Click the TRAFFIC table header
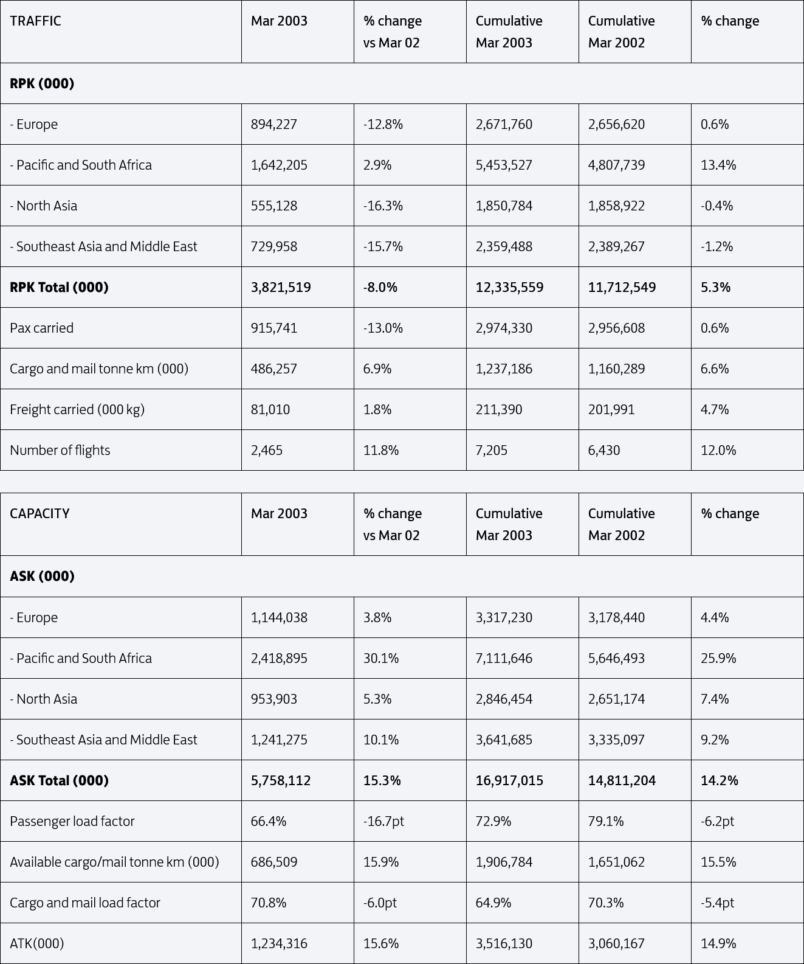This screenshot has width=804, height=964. (35, 21)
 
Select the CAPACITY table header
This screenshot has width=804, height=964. (40, 513)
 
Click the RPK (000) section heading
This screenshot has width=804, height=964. (42, 83)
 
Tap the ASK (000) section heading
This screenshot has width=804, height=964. (42, 576)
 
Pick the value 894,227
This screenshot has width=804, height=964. (274, 124)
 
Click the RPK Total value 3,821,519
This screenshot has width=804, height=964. (281, 287)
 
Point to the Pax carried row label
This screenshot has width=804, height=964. (41, 328)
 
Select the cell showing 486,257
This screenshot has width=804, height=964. (274, 369)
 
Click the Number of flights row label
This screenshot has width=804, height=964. (60, 450)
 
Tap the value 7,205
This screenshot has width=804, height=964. (491, 450)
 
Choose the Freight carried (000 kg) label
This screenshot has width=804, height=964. (77, 409)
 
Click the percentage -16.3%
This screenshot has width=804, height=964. (383, 206)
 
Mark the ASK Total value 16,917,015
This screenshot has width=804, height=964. (509, 780)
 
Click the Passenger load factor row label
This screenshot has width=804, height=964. (72, 821)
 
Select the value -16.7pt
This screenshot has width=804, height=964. (383, 821)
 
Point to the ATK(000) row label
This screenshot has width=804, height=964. (37, 943)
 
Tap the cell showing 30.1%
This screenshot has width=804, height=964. (381, 658)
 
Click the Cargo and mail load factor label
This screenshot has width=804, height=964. (85, 903)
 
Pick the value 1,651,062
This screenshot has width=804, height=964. (616, 862)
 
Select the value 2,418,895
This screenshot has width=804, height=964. (279, 658)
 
